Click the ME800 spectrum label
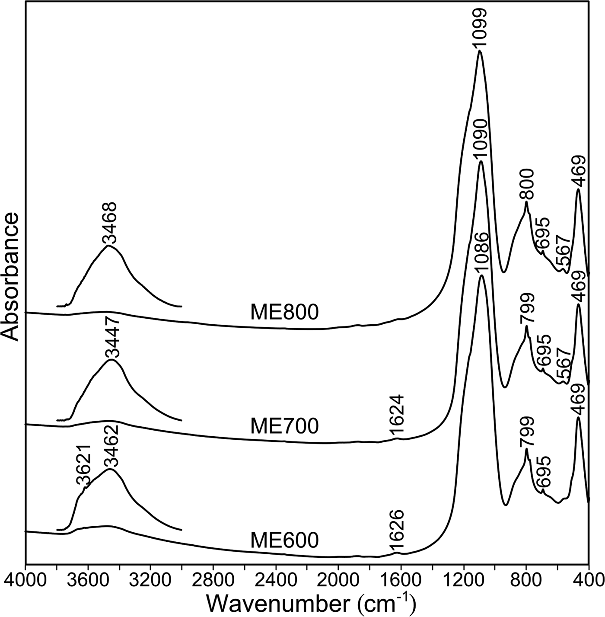284,313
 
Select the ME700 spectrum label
284,426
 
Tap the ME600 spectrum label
284,540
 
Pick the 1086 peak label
481,253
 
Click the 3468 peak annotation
110,224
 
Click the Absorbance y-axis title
11,277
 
